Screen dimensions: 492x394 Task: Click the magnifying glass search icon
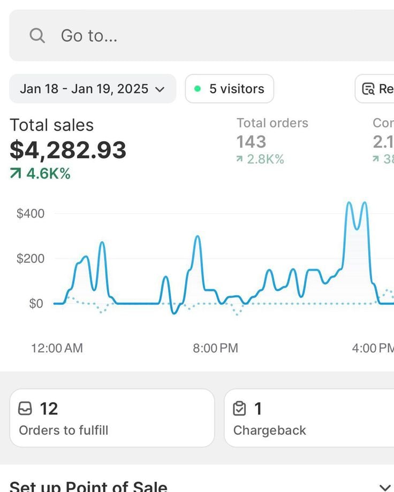click(x=37, y=36)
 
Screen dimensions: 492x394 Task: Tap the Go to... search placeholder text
click(x=89, y=36)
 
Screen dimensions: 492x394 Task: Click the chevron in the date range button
click(x=160, y=89)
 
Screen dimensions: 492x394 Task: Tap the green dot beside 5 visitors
click(x=198, y=89)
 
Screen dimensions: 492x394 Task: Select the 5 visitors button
click(x=230, y=89)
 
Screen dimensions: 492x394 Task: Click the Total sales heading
click(x=51, y=125)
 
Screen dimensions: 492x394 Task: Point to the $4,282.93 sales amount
click(x=68, y=150)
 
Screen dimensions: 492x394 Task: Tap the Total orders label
click(x=272, y=123)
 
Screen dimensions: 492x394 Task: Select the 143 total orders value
click(x=251, y=142)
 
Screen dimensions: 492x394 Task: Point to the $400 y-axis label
click(x=31, y=213)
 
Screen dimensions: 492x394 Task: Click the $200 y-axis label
click(x=31, y=258)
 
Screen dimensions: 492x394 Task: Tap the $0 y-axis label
click(x=36, y=303)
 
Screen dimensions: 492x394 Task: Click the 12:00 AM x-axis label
click(x=57, y=348)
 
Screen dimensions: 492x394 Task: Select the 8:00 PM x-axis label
click(x=215, y=348)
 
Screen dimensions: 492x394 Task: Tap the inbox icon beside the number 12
click(x=25, y=409)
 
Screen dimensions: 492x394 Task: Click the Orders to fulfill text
click(x=63, y=430)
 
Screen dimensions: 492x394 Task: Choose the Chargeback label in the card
click(x=270, y=430)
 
